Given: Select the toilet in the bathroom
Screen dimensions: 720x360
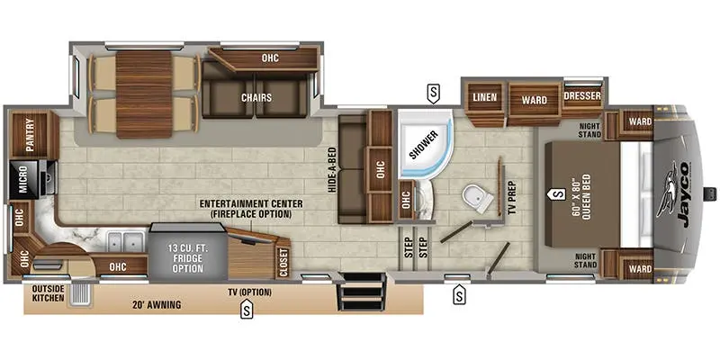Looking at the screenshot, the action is tap(478, 199).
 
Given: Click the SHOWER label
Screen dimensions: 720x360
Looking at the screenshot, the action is tap(423, 145).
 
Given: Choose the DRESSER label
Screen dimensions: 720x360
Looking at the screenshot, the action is tap(582, 96).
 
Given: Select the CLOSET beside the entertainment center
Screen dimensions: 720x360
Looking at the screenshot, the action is tap(283, 263).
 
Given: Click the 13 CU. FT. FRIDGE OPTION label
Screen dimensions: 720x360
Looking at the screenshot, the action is tap(188, 258).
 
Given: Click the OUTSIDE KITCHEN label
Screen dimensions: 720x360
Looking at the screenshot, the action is tap(49, 294).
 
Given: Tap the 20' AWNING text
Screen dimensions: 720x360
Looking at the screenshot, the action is tap(154, 304).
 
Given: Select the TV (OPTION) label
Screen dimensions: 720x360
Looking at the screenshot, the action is tap(250, 292).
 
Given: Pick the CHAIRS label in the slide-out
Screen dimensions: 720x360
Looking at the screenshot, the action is tap(256, 98).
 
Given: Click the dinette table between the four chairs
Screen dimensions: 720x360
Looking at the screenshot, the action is tap(143, 94).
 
